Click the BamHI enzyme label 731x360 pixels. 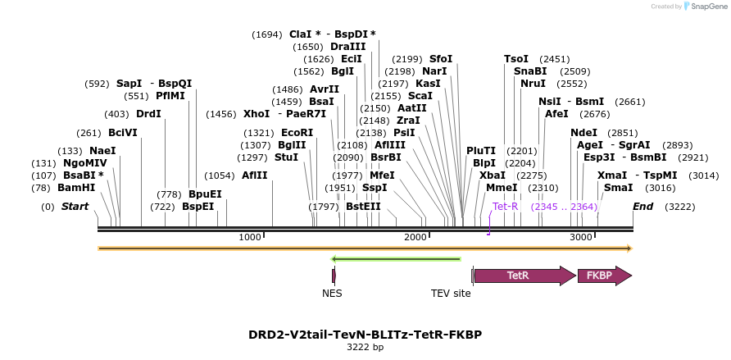(x=76, y=188)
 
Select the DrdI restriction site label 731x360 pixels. (x=148, y=114)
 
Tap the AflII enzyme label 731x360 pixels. (x=254, y=175)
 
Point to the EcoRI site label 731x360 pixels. (x=297, y=132)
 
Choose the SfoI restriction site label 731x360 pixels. (x=441, y=59)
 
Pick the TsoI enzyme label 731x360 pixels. (x=516, y=59)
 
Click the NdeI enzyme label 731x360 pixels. (x=583, y=132)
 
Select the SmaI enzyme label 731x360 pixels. (x=618, y=188)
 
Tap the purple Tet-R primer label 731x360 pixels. (x=505, y=207)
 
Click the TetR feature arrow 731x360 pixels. (x=524, y=276)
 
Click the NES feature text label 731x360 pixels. (x=332, y=293)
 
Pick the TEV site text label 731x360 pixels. (x=451, y=293)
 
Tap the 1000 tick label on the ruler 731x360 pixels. (x=249, y=237)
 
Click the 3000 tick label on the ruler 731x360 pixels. (x=580, y=237)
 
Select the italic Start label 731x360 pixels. (x=75, y=207)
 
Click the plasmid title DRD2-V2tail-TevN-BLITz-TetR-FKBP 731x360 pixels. (x=365, y=335)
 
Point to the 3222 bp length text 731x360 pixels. (x=365, y=348)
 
